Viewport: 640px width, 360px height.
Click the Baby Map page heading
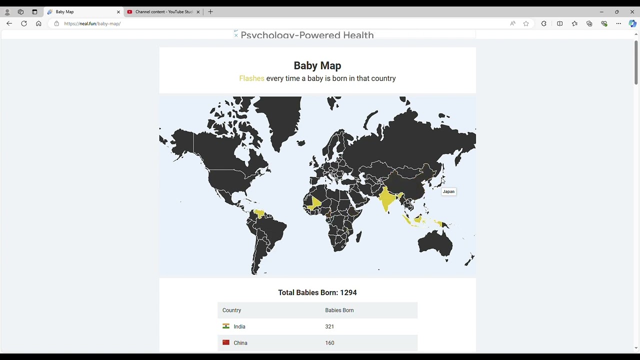click(x=317, y=65)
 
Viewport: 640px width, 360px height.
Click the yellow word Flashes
click(x=251, y=78)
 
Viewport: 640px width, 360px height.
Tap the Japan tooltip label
click(x=448, y=191)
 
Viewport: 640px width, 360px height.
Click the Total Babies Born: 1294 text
click(x=317, y=292)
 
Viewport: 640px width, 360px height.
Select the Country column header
click(x=231, y=310)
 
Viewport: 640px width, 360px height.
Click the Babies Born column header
click(x=339, y=310)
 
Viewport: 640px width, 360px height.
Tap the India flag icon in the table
click(x=226, y=326)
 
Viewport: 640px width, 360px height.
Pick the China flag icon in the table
click(x=226, y=342)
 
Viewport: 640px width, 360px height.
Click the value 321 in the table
click(x=329, y=326)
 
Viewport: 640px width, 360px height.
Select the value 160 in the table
click(x=329, y=343)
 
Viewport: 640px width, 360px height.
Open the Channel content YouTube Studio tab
click(x=163, y=11)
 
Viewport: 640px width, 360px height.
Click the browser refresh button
click(x=24, y=23)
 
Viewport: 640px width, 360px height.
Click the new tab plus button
click(x=210, y=11)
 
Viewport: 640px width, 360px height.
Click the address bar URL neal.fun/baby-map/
click(x=92, y=23)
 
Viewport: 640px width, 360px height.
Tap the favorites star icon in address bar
click(x=526, y=23)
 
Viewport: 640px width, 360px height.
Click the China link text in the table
click(x=240, y=343)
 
